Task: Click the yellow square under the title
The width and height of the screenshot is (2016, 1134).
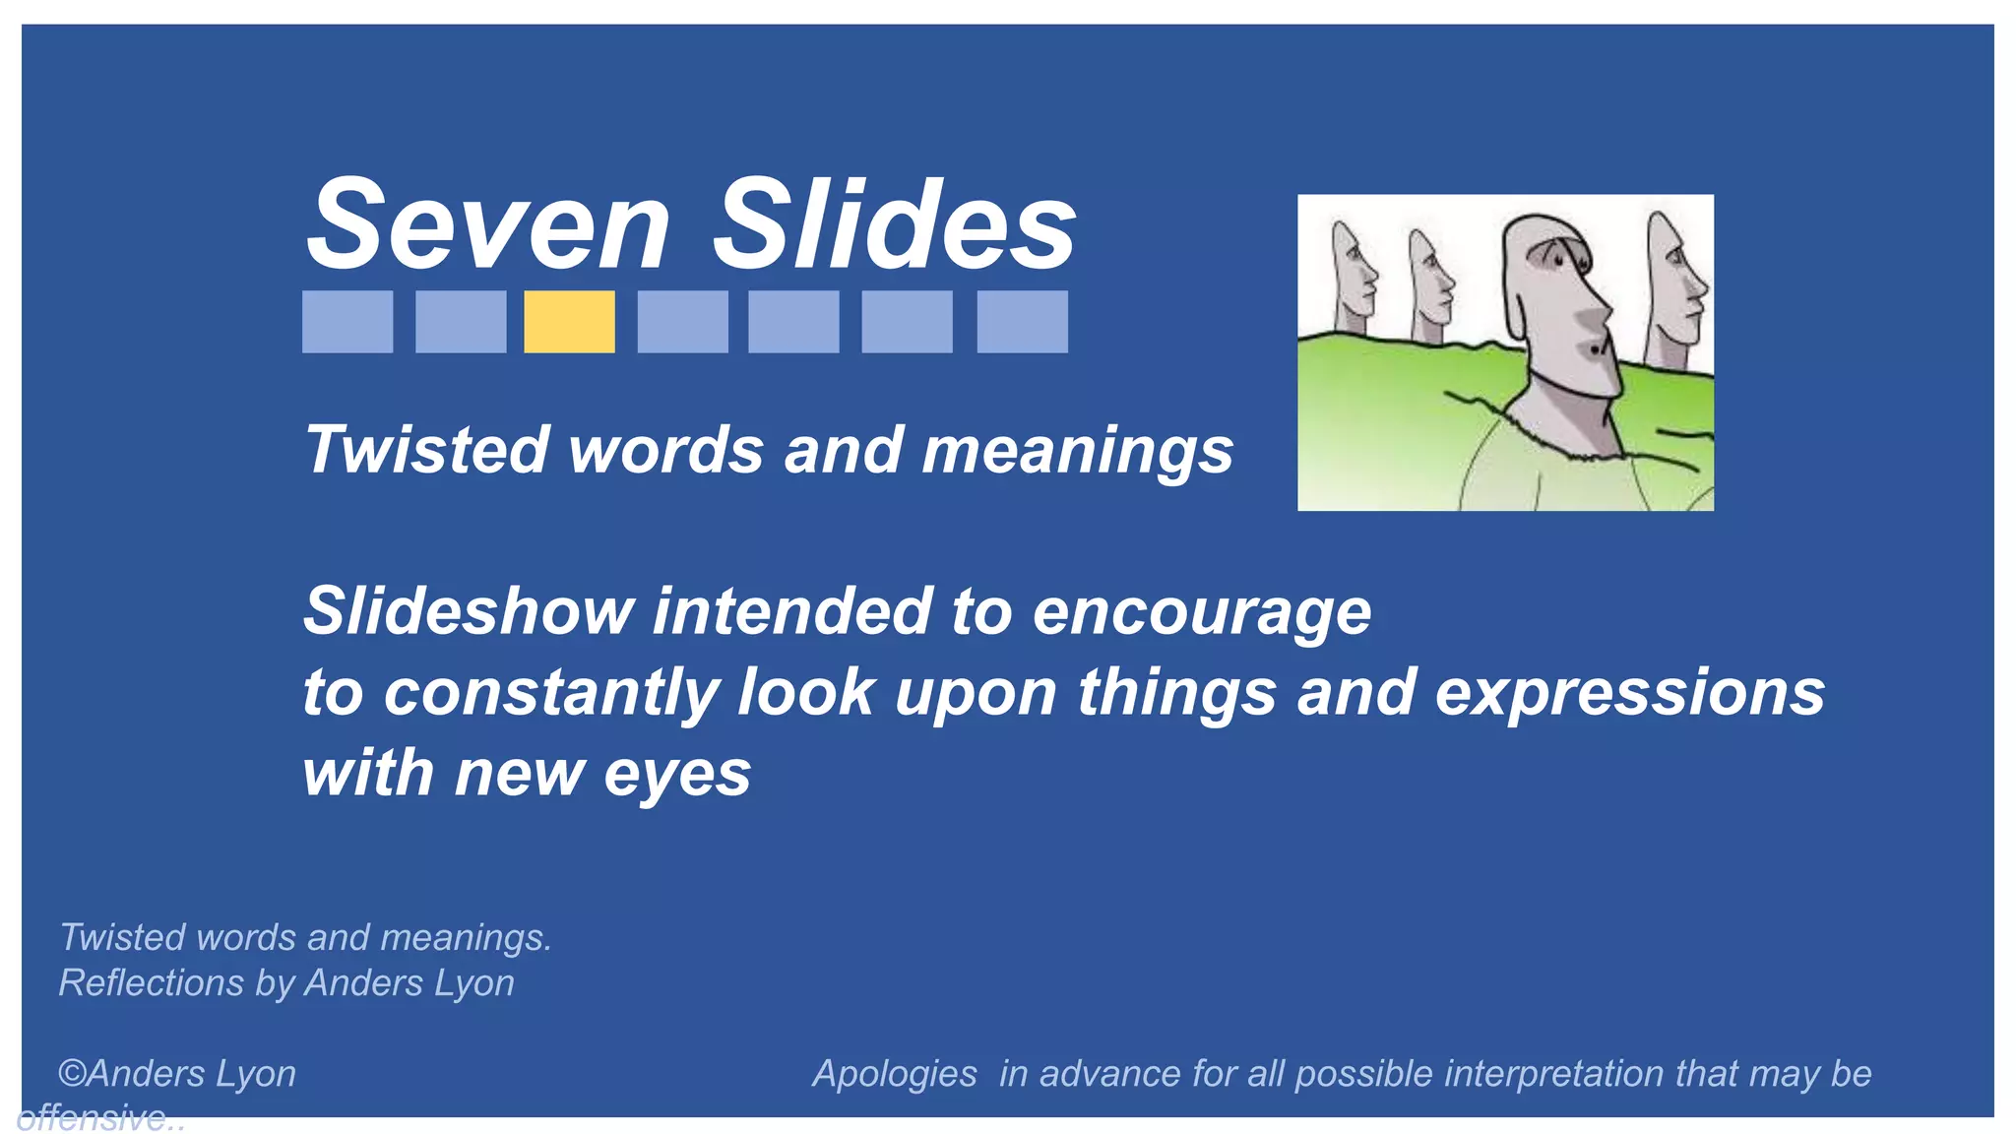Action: [x=569, y=321]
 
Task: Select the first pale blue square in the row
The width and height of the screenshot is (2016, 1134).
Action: [x=346, y=321]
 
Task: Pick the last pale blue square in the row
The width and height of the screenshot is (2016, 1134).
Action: [x=1022, y=321]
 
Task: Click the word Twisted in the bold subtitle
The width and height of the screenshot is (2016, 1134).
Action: [x=425, y=450]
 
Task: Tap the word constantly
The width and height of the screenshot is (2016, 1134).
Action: [x=550, y=692]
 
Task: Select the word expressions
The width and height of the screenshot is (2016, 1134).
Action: [x=1629, y=694]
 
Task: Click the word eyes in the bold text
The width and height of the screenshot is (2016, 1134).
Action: [x=677, y=775]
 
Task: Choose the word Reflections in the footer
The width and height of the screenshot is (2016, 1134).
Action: [x=152, y=982]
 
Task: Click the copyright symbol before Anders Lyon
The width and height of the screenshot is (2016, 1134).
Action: [x=72, y=1073]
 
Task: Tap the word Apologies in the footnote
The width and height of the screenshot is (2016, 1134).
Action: [x=894, y=1074]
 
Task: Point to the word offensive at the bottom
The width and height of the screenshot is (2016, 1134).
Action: [x=93, y=1118]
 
